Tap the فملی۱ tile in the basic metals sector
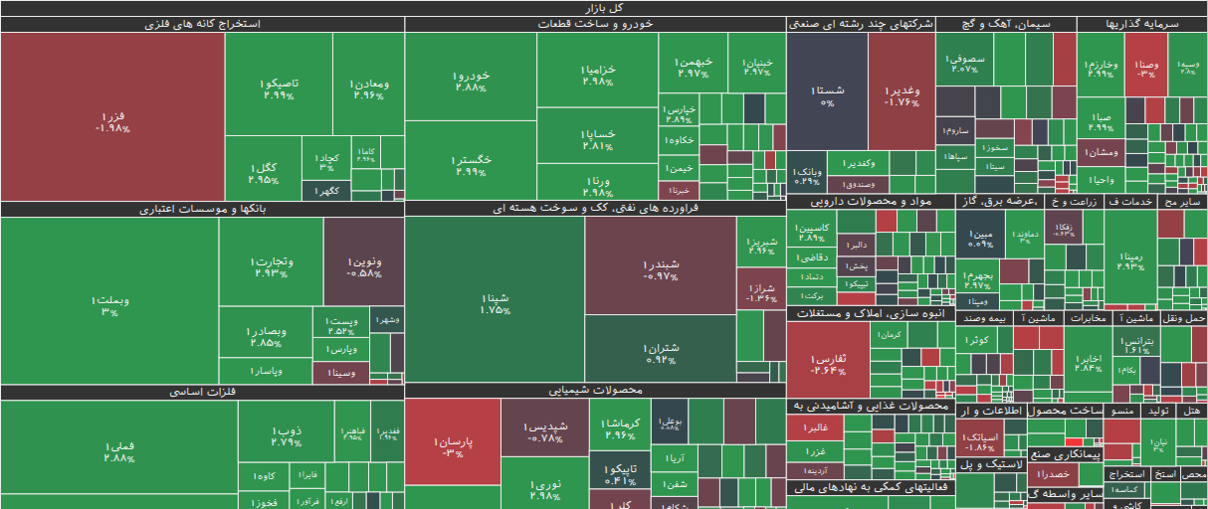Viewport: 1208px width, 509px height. [118, 449]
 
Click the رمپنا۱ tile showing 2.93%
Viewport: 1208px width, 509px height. [1130, 260]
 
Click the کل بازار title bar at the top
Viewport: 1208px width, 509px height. [604, 8]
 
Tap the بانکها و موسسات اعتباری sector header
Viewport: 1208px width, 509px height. [202, 209]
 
